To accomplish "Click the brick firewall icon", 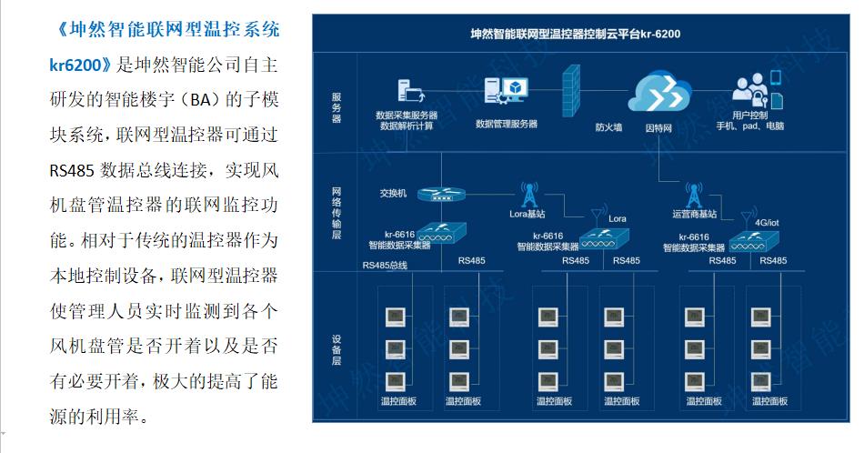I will [571, 90].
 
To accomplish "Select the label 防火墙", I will [608, 127].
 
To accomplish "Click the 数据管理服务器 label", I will [507, 123].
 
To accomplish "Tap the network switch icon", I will [441, 193].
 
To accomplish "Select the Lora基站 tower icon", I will [527, 194].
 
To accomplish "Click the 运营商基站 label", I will [695, 215].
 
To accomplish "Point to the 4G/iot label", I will [768, 221].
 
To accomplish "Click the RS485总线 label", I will [385, 266].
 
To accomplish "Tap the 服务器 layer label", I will [337, 107].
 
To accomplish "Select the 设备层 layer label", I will [337, 349].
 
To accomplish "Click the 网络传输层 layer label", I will [337, 212].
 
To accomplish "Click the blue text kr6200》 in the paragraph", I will [80, 65].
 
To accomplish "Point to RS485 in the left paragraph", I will [70, 171].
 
